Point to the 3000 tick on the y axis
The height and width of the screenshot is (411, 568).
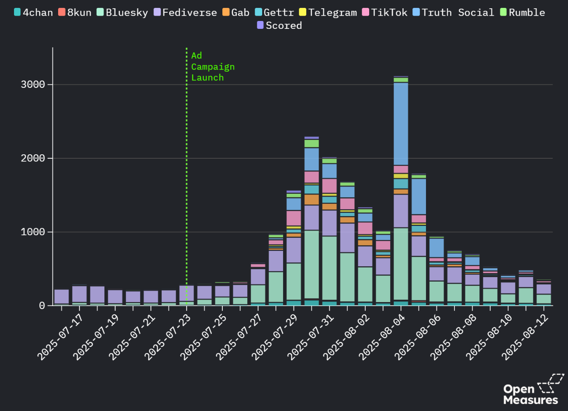tap(33, 84)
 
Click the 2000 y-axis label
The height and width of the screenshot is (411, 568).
tap(33, 158)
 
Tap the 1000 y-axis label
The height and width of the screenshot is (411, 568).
tap(33, 232)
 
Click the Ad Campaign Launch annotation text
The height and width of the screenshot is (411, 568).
tap(213, 66)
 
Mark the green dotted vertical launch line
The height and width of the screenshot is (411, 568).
tap(187, 175)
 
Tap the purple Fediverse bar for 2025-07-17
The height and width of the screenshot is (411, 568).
tap(62, 296)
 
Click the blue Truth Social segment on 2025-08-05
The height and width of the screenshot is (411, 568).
tap(419, 196)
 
